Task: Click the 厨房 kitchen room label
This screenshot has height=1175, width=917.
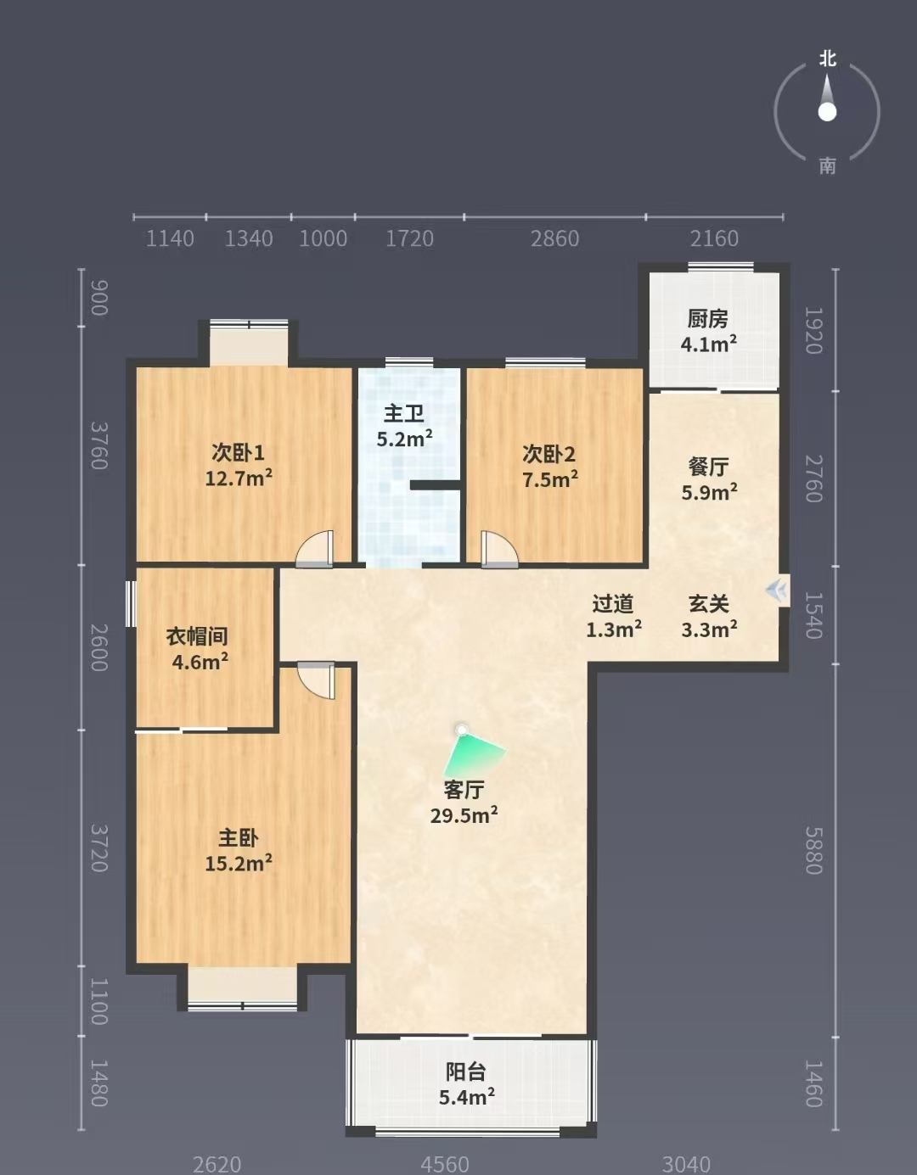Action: click(707, 319)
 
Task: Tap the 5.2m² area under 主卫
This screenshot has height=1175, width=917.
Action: click(405, 439)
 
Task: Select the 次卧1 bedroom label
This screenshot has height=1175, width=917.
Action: click(238, 452)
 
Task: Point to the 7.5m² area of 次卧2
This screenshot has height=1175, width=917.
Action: click(550, 479)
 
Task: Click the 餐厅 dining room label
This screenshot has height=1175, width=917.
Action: click(708, 467)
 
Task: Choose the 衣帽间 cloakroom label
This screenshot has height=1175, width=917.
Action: click(197, 636)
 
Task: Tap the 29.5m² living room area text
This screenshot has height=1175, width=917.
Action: click(464, 815)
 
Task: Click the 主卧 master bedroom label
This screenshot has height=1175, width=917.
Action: click(238, 838)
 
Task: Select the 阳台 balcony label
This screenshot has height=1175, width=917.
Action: click(466, 1071)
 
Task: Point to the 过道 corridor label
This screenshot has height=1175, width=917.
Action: click(612, 604)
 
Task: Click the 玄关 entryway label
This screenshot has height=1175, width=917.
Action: click(709, 604)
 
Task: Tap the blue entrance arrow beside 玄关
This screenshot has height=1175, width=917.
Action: click(777, 590)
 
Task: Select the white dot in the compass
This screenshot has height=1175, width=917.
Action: click(827, 112)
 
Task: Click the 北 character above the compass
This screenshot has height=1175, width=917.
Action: click(827, 59)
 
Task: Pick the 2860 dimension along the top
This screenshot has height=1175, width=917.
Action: click(554, 238)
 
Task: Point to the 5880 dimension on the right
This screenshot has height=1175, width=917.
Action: click(813, 851)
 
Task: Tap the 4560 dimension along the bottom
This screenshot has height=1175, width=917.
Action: click(445, 1164)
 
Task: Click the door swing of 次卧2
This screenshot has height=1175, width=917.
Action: click(499, 550)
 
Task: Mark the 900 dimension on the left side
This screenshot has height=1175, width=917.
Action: click(99, 298)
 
